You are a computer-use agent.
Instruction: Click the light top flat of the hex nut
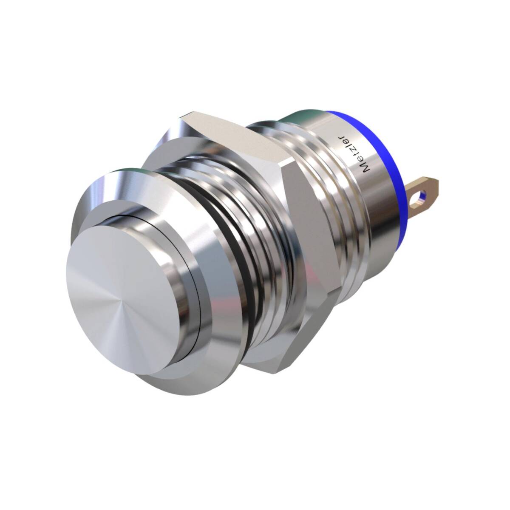click(x=233, y=138)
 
